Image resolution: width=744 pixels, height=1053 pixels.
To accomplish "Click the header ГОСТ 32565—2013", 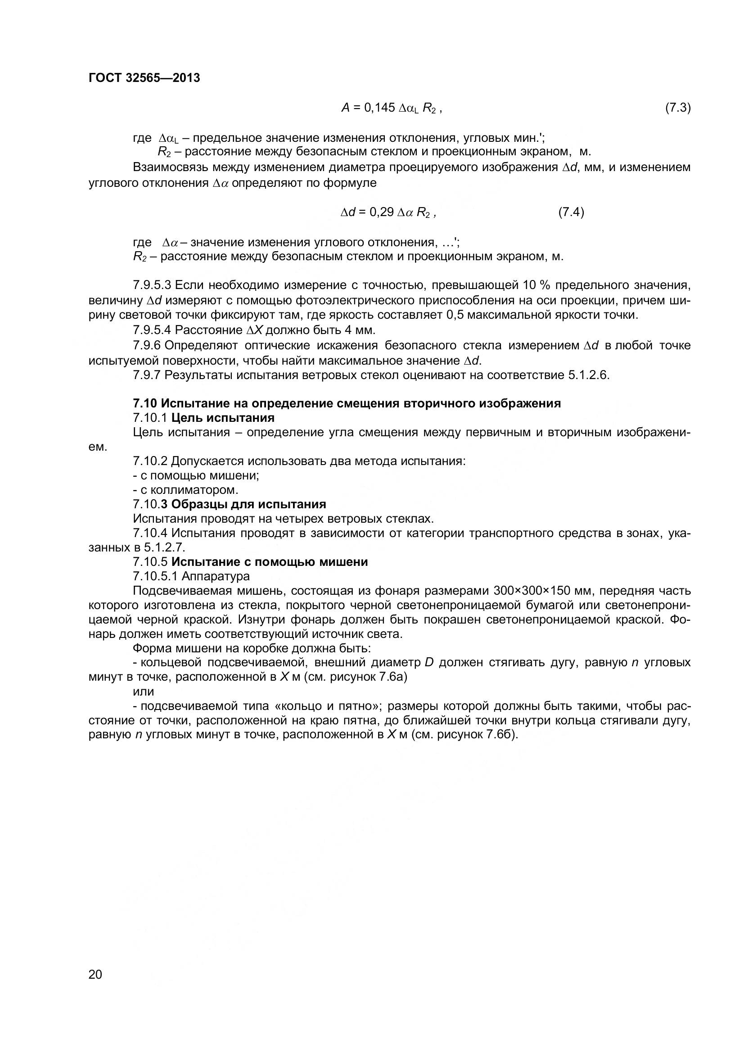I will (144, 78).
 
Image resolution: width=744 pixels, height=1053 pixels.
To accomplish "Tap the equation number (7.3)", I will (677, 108).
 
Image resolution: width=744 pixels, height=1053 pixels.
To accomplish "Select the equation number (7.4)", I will (571, 212).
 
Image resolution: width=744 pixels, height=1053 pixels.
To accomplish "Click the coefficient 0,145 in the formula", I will (379, 108).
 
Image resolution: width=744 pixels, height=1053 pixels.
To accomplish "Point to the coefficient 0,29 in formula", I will (381, 212).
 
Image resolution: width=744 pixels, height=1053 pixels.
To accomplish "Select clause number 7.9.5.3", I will (152, 285).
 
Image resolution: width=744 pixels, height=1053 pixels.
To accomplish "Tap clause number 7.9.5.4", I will (152, 330).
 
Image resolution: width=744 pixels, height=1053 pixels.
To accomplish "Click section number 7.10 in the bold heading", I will (145, 403).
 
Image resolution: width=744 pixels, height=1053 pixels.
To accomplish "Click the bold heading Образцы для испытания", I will (248, 504).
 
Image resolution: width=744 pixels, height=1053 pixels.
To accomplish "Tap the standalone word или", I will (143, 691).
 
